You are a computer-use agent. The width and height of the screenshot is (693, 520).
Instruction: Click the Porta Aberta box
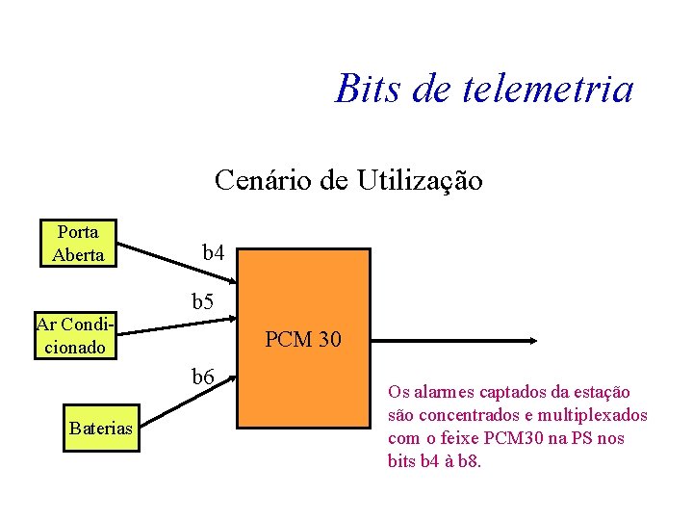[78, 243]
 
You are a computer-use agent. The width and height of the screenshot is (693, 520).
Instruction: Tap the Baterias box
[100, 428]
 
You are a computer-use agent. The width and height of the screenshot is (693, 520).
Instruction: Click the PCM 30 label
[302, 339]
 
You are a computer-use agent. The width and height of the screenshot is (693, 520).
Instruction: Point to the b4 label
[214, 253]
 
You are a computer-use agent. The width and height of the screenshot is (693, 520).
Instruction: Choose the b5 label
[203, 302]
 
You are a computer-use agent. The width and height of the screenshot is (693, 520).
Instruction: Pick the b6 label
[202, 376]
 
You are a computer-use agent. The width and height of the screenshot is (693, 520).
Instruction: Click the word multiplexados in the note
[598, 415]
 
